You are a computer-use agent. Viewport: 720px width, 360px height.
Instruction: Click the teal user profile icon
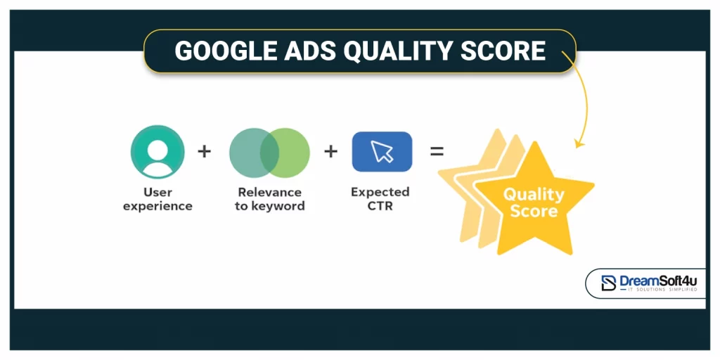tap(157, 152)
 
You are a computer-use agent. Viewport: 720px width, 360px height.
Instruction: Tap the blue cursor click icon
tap(382, 151)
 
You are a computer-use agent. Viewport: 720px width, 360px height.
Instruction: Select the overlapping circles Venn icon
tap(269, 152)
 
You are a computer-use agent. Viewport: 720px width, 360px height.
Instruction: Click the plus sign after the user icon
tap(204, 151)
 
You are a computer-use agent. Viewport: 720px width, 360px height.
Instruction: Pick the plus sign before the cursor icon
tap(330, 151)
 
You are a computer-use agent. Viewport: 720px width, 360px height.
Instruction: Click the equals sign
tap(437, 151)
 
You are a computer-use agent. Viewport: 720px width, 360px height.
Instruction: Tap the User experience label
tap(157, 199)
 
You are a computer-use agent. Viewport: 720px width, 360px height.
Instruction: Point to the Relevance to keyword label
tap(269, 199)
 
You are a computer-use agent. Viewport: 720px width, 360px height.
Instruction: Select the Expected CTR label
tap(380, 199)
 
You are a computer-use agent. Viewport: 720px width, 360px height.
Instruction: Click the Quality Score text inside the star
tap(534, 202)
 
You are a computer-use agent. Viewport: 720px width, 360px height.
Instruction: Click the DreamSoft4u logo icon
tap(608, 283)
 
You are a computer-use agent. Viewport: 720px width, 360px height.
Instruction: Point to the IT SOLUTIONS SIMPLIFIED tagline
tap(658, 290)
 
